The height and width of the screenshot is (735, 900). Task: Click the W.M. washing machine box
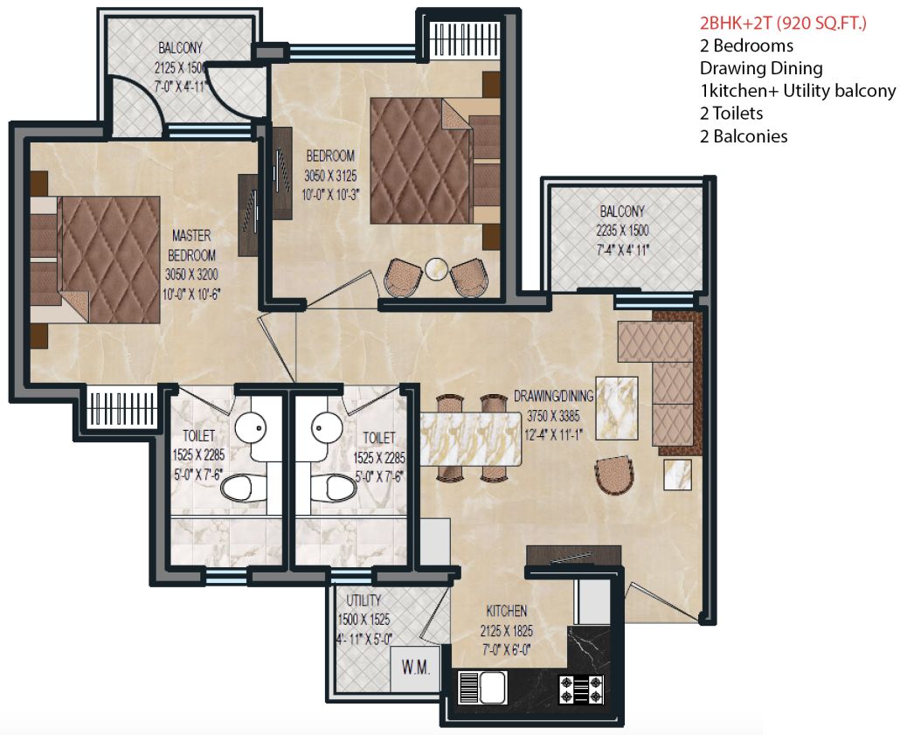[x=416, y=670]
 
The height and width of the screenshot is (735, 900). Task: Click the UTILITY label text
[x=363, y=601]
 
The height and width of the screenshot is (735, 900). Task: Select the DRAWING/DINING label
[x=553, y=395]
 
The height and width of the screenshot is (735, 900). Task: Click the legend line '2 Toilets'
[x=731, y=113]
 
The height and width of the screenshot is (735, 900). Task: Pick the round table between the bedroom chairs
[x=436, y=268]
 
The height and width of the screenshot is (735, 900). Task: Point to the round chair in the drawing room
[x=615, y=474]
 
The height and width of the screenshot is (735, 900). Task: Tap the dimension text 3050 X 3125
[x=330, y=176]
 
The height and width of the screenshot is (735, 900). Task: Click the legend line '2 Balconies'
[x=744, y=135]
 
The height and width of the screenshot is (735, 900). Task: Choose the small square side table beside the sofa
[x=678, y=476]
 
